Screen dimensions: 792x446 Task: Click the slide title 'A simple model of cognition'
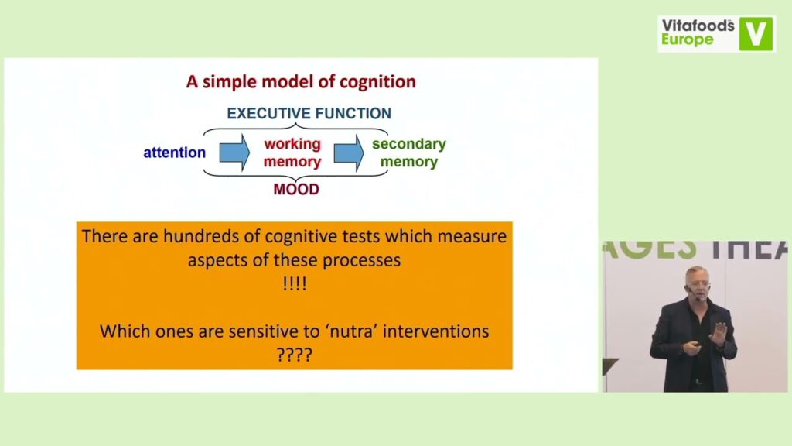pyautogui.click(x=301, y=82)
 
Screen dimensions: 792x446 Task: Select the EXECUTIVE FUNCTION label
pyautogui.click(x=309, y=113)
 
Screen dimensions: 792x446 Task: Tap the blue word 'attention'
pyautogui.click(x=174, y=153)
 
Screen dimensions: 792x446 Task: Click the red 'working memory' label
pyautogui.click(x=292, y=153)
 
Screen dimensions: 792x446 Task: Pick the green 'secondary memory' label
pyautogui.click(x=409, y=153)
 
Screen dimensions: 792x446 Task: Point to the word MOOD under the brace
pyautogui.click(x=296, y=190)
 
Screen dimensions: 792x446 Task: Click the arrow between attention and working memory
pyautogui.click(x=234, y=153)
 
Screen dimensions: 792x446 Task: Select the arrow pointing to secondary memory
pyautogui.click(x=349, y=153)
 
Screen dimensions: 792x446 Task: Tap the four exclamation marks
pyautogui.click(x=295, y=283)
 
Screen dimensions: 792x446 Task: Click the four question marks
pyautogui.click(x=295, y=355)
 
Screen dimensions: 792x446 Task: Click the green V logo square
pyautogui.click(x=756, y=34)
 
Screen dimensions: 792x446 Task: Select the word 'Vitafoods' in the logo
pyautogui.click(x=698, y=26)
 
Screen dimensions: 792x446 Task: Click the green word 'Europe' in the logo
pyautogui.click(x=688, y=39)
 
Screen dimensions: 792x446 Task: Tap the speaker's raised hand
pyautogui.click(x=719, y=333)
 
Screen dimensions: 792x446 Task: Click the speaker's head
pyautogui.click(x=697, y=283)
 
